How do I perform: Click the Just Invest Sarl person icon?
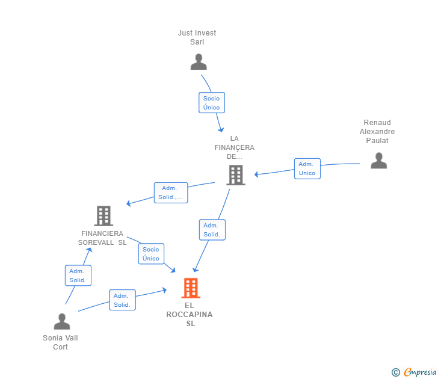coord(199,62)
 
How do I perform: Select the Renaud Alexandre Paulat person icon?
coord(379,161)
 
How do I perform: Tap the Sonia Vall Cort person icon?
coord(62,321)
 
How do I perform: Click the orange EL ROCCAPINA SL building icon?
coord(191,288)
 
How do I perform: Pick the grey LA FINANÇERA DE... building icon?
coord(236,175)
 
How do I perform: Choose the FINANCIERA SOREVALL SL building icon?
coord(103,216)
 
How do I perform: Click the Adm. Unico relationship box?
coord(307,168)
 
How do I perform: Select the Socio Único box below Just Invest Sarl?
coord(212,103)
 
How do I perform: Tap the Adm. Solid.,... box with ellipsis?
coord(171,193)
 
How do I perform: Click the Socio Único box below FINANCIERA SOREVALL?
coord(151,254)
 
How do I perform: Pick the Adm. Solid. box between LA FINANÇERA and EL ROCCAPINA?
coord(212,230)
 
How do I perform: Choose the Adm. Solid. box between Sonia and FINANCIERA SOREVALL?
coord(78,276)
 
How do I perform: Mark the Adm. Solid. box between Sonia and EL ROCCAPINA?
coord(122,300)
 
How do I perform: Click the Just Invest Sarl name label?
coord(197,37)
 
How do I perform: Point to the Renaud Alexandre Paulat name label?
coord(377,132)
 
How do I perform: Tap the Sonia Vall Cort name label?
coord(60,342)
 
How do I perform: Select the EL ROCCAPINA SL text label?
coord(190,315)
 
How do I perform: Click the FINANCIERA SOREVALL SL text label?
coord(102,238)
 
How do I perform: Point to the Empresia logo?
coord(414,372)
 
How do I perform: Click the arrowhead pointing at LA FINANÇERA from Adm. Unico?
coord(256,174)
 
